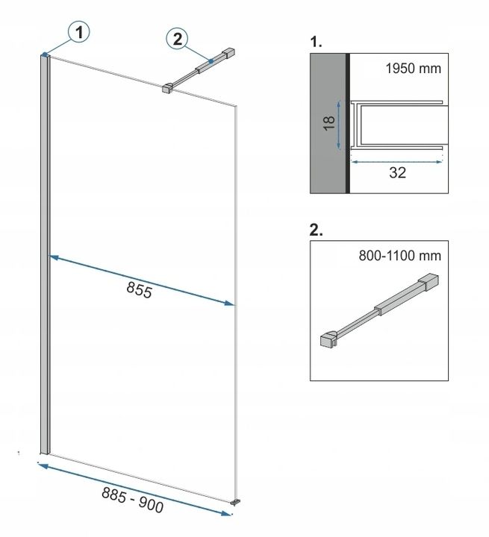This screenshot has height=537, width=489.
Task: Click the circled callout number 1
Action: pyautogui.click(x=79, y=32)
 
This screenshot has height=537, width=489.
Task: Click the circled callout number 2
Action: pyautogui.click(x=177, y=39)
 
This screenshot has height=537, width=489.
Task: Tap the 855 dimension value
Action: pyautogui.click(x=139, y=290)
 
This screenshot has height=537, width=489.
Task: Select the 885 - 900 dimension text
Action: pyautogui.click(x=132, y=500)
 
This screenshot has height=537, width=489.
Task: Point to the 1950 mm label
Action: pyautogui.click(x=413, y=69)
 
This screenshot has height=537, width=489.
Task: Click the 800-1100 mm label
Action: pyautogui.click(x=400, y=256)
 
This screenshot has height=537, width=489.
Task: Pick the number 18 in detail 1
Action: pyautogui.click(x=328, y=123)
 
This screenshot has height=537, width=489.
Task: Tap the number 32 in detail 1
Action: pyautogui.click(x=397, y=172)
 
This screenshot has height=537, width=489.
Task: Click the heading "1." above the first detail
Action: pyautogui.click(x=316, y=42)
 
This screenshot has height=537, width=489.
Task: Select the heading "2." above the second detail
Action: pyautogui.click(x=316, y=230)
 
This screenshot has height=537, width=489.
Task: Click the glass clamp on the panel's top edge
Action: pyautogui.click(x=167, y=88)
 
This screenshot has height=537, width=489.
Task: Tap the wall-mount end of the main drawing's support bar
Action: pyautogui.click(x=228, y=53)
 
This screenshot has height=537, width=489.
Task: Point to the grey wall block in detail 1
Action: pyautogui.click(x=328, y=123)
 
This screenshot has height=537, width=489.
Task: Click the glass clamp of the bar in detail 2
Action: pyautogui.click(x=328, y=339)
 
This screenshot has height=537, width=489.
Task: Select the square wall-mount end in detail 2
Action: pyautogui.click(x=429, y=282)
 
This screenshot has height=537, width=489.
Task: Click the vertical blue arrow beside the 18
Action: pyautogui.click(x=339, y=125)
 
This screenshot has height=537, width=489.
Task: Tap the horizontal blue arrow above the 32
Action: pyautogui.click(x=396, y=162)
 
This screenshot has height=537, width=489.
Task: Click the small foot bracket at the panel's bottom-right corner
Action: pyautogui.click(x=235, y=502)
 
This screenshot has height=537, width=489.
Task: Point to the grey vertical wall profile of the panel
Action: pyautogui.click(x=46, y=254)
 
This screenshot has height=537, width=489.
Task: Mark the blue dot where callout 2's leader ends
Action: pyautogui.click(x=211, y=61)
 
